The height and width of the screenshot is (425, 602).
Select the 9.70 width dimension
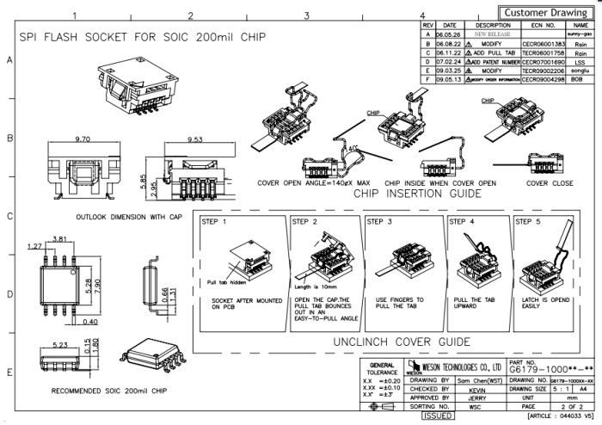click(x=83, y=138)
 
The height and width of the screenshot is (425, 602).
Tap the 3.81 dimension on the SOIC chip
click(x=60, y=238)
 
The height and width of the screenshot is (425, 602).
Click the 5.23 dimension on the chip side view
click(x=60, y=344)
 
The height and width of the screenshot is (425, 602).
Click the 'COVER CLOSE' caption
click(x=549, y=183)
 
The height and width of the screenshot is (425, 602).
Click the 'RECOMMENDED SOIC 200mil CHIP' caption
click(x=97, y=391)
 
